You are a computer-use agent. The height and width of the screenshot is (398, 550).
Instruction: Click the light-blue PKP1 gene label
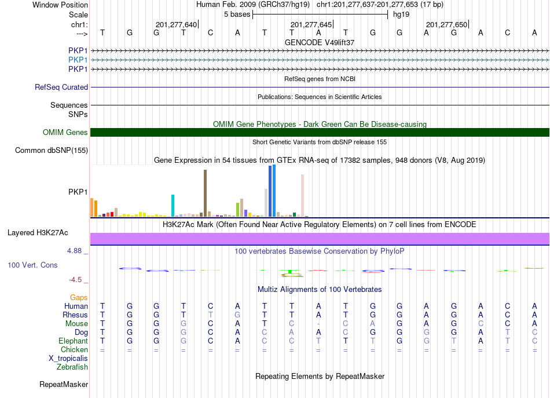tap(78, 60)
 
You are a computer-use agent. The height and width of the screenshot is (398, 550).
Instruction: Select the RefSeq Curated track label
tap(61, 87)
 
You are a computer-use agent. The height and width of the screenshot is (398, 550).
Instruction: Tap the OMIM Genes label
tap(65, 132)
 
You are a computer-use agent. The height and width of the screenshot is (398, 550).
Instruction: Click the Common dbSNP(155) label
tap(52, 150)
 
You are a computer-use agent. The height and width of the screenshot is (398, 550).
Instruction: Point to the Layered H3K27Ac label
tap(38, 233)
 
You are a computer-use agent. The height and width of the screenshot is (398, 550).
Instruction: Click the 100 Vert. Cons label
tap(32, 265)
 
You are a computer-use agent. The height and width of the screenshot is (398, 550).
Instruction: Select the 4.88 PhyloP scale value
tap(74, 251)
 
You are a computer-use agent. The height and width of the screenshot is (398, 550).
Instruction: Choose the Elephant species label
tap(74, 341)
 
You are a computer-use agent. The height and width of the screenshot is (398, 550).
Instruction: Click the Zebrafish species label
tap(72, 367)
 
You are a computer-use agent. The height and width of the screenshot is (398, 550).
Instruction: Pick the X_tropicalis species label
tap(68, 359)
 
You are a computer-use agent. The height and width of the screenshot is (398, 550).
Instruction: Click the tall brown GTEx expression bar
tap(205, 193)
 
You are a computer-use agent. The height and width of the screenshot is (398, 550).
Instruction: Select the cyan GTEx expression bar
tap(173, 206)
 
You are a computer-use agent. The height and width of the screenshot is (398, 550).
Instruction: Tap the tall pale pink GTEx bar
tap(302, 195)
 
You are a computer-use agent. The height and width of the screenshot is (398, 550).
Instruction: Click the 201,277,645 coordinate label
tap(311, 24)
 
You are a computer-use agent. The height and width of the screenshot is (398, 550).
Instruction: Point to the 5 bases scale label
tap(237, 14)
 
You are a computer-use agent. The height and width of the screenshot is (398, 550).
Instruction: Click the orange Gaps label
tap(79, 298)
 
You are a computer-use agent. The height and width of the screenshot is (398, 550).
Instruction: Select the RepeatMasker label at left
tap(64, 384)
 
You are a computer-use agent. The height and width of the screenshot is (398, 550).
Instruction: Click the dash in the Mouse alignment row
tap(318, 324)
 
